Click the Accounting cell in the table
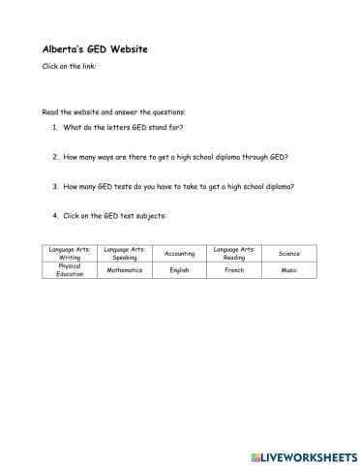coord(179,253)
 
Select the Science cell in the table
coord(288,253)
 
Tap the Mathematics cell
coord(124,270)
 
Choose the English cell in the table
coord(179,270)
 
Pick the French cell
coord(234,270)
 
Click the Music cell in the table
coord(288,270)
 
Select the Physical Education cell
coord(70,270)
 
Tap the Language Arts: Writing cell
coord(70,253)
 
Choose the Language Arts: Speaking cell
coord(124,253)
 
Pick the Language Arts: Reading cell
coord(234,253)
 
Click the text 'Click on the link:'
coord(69,67)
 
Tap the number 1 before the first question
coord(54,128)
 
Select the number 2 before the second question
coord(54,156)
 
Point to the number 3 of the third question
coord(54,185)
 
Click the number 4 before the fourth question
coord(54,214)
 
